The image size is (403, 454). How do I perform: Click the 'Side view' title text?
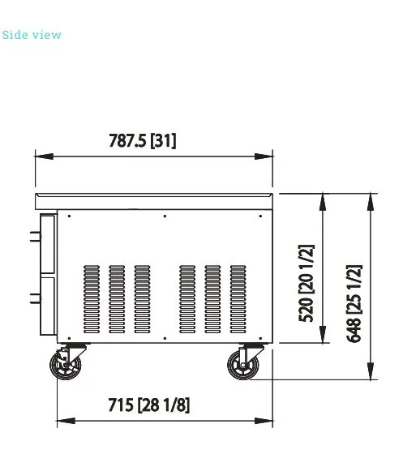pyautogui.click(x=32, y=35)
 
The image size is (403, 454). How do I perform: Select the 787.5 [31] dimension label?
pyautogui.click(x=143, y=141)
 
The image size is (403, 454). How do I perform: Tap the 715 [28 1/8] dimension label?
pyautogui.click(x=149, y=405)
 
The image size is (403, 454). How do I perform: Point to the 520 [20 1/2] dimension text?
pyautogui.click(x=306, y=284)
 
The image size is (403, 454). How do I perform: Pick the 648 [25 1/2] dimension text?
pyautogui.click(x=354, y=303)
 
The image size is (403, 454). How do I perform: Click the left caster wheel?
pyautogui.click(x=66, y=365)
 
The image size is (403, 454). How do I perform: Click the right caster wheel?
pyautogui.click(x=242, y=365)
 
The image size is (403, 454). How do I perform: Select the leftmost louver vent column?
pyautogui.click(x=92, y=299)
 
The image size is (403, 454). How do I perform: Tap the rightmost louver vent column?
pyautogui.click(x=238, y=299)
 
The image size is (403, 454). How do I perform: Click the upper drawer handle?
pyautogui.click(x=35, y=236)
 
